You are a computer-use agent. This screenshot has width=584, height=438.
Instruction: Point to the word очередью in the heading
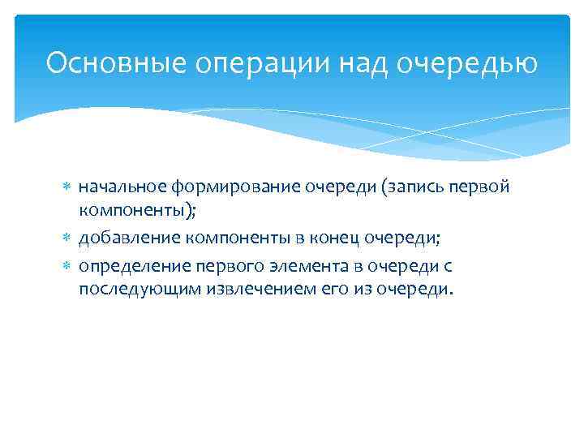[x=466, y=62]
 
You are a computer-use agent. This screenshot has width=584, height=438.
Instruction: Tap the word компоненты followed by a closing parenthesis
[x=133, y=213]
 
